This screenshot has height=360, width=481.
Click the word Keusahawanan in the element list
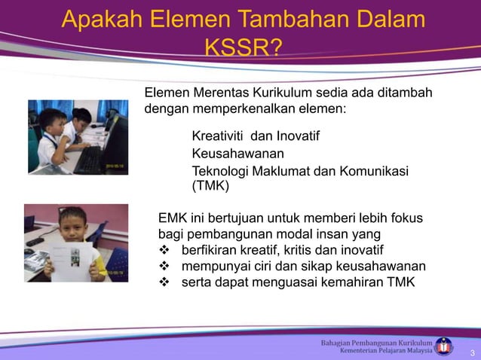[x=231, y=154]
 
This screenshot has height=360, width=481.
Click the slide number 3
[x=471, y=353]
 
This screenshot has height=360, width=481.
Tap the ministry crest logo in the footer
[x=446, y=346]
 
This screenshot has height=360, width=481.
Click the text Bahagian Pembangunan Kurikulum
[x=377, y=342]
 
